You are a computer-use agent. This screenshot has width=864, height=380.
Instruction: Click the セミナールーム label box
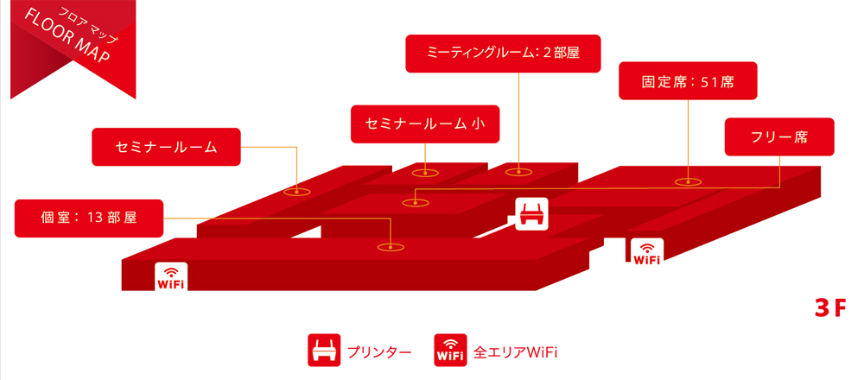tap(166, 148)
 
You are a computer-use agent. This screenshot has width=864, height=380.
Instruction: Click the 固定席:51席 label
tap(688, 83)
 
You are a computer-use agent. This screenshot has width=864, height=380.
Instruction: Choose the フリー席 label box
tap(779, 136)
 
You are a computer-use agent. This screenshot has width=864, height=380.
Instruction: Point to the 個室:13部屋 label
tap(88, 218)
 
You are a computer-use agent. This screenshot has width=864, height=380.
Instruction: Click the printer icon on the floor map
tap(531, 213)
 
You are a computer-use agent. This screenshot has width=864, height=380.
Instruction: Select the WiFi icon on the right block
tap(647, 252)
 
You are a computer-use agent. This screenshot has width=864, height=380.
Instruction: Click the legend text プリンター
tap(378, 352)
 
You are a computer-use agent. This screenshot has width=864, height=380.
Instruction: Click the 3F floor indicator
tap(829, 308)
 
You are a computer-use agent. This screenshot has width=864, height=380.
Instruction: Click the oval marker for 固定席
tap(688, 181)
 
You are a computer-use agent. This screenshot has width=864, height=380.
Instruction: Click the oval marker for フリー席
tap(416, 202)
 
